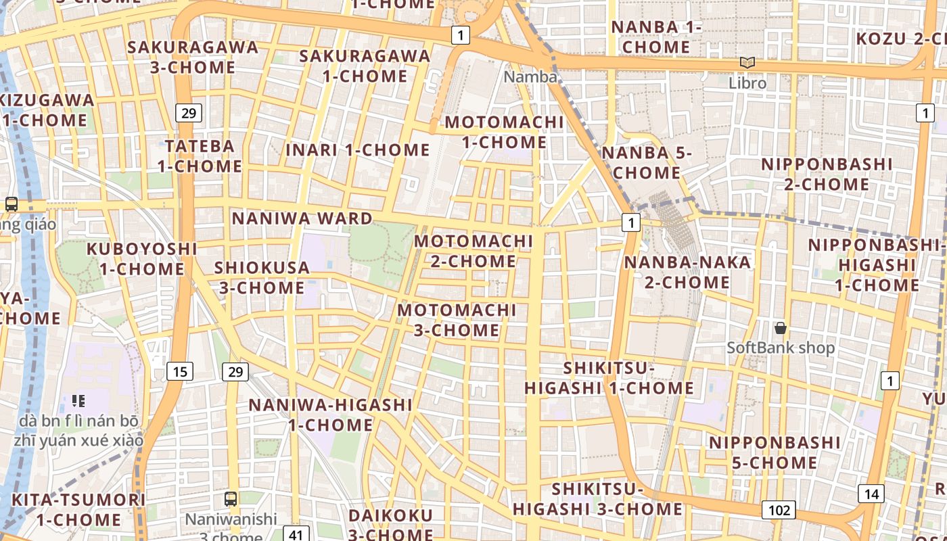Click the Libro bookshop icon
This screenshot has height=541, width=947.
pyautogui.click(x=747, y=63)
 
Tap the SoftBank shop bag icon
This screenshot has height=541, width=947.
pyautogui.click(x=781, y=328)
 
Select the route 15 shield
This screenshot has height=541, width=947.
pyautogui.click(x=179, y=371)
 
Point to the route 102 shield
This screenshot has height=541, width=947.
pyautogui.click(x=779, y=510)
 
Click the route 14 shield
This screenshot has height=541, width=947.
pyautogui.click(x=871, y=494)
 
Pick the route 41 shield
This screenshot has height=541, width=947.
pyautogui.click(x=296, y=534)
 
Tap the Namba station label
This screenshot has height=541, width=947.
pyautogui.click(x=530, y=77)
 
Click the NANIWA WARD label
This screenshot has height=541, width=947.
pyautogui.click(x=302, y=218)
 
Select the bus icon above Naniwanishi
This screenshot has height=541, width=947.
pyautogui.click(x=231, y=499)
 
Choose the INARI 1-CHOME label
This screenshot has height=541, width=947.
pyautogui.click(x=358, y=150)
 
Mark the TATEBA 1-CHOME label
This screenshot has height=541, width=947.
pyautogui.click(x=200, y=156)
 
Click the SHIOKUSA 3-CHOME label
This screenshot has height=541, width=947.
pyautogui.click(x=262, y=277)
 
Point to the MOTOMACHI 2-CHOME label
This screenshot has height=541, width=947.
pyautogui.click(x=473, y=251)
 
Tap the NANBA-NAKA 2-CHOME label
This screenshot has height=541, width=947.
pyautogui.click(x=687, y=272)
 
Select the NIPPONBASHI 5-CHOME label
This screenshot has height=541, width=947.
pyautogui.click(x=775, y=452)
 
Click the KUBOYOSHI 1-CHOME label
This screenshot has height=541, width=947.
pyautogui.click(x=142, y=259)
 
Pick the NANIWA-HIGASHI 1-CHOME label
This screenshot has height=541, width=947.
pyautogui.click(x=331, y=415)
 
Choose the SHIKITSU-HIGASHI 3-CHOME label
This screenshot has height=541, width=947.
pyautogui.click(x=597, y=499)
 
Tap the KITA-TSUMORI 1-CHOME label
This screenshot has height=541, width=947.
pyautogui.click(x=78, y=510)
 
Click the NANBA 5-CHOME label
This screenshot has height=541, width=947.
pyautogui.click(x=647, y=163)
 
